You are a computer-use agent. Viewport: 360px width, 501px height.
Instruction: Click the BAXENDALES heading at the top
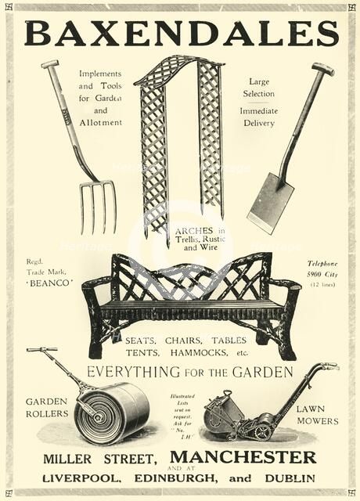pyautogui.click(x=181, y=34)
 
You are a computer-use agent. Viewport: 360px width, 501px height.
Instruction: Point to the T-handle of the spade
pyautogui.click(x=322, y=69)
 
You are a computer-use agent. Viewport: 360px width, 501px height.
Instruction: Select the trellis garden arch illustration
pyautogui.click(x=179, y=141)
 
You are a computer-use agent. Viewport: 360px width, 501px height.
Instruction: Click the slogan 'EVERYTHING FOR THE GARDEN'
pyautogui.click(x=189, y=372)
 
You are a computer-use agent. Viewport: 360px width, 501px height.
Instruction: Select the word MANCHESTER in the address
pyautogui.click(x=248, y=457)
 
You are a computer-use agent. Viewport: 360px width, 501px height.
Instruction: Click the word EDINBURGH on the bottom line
pyautogui.click(x=196, y=478)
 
